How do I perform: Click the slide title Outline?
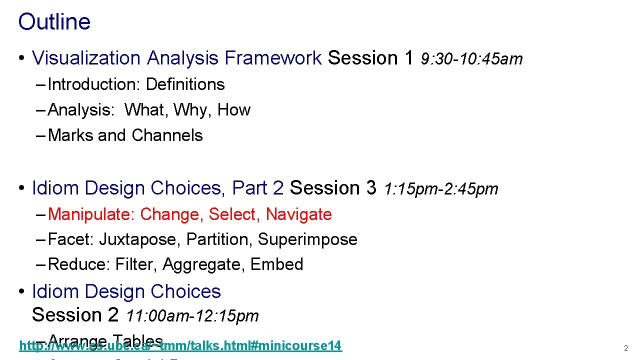click(54, 22)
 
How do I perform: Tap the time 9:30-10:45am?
click(471, 59)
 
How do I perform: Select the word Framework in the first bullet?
click(273, 58)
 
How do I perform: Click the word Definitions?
click(185, 84)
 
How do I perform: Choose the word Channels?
click(167, 135)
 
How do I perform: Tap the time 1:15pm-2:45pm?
click(441, 189)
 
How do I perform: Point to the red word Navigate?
click(298, 214)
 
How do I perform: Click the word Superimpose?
click(307, 239)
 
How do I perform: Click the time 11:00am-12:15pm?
click(192, 316)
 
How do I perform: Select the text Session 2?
click(75, 315)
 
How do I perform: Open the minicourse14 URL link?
click(180, 345)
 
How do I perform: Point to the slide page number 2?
click(625, 348)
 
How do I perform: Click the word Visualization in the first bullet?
click(86, 58)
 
